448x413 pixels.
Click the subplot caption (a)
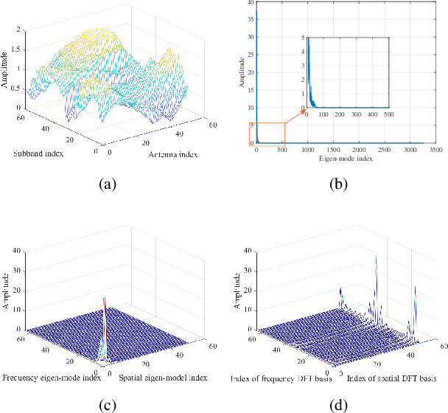click(x=108, y=184)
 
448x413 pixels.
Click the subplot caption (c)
click(x=108, y=403)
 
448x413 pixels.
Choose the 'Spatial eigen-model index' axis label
click(x=162, y=378)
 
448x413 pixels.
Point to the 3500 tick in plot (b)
click(x=437, y=150)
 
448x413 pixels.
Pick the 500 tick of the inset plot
click(x=389, y=114)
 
